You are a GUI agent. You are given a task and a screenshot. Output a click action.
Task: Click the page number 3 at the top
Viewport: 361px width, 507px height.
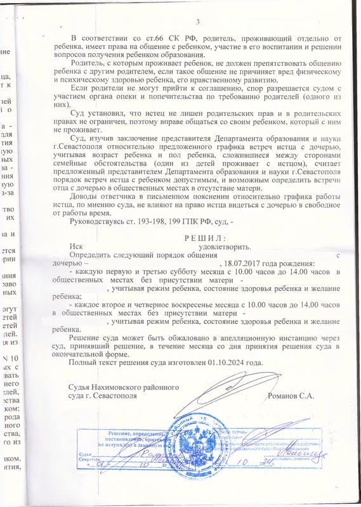coord(198,23)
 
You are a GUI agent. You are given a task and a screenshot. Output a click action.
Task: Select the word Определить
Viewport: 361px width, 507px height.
coord(95,255)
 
